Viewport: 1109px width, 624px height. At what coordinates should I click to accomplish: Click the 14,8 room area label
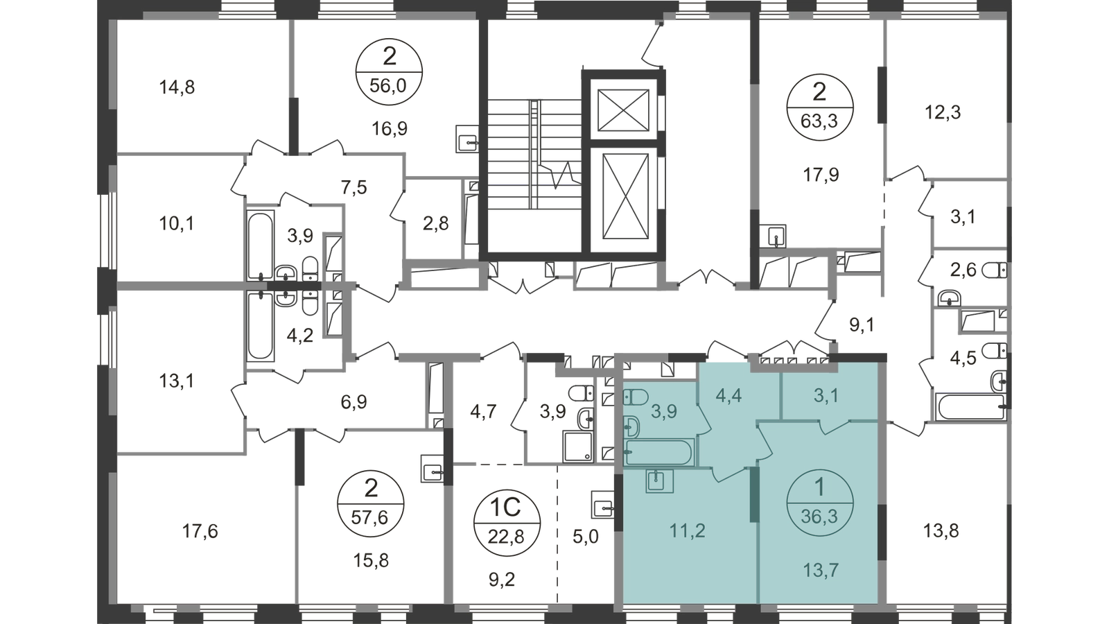[x=177, y=87]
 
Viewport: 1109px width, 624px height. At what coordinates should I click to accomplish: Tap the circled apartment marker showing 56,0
[x=389, y=72]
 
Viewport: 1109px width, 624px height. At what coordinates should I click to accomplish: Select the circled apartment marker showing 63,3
[x=819, y=107]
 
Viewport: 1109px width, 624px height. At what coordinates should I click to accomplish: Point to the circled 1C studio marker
[x=507, y=522]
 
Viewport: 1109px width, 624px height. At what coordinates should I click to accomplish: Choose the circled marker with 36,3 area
[x=819, y=503]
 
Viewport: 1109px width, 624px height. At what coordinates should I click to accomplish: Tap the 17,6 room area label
[x=200, y=531]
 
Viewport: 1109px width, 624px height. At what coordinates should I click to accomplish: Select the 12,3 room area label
[x=943, y=112]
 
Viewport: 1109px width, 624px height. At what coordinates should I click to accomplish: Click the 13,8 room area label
[x=941, y=531]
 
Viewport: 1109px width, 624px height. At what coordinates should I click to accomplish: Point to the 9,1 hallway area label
[x=862, y=325]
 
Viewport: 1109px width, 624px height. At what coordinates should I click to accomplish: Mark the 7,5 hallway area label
[x=354, y=188]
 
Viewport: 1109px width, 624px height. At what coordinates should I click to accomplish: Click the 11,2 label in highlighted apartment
[x=687, y=531]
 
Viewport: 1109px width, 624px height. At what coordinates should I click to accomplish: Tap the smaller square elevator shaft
[x=623, y=110]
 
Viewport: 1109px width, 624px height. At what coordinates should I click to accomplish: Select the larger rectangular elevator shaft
[x=625, y=196]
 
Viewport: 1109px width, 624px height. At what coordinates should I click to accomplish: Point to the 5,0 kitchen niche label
[x=586, y=537]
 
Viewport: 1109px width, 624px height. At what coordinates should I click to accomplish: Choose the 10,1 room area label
[x=177, y=224]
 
